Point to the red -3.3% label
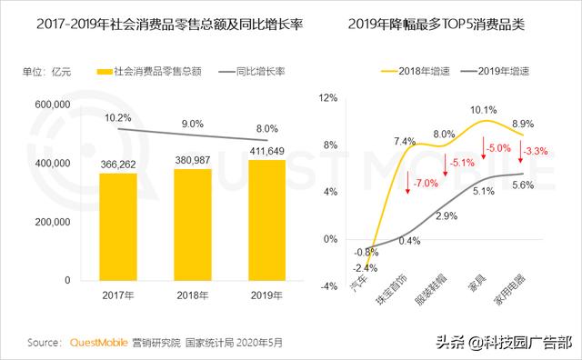click(537, 151)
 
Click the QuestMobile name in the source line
click(101, 344)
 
